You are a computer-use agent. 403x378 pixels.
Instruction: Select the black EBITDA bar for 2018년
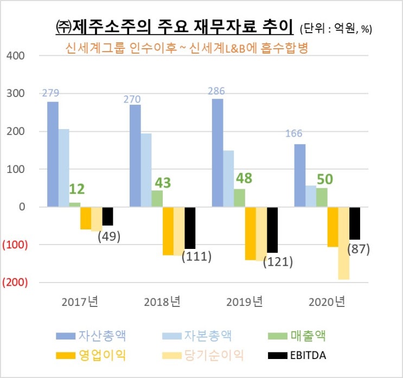(x=190, y=228)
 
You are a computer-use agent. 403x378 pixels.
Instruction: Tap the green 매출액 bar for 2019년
(x=239, y=198)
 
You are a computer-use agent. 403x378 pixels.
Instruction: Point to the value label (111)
(x=196, y=256)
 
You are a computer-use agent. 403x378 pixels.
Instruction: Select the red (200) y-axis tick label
(x=15, y=283)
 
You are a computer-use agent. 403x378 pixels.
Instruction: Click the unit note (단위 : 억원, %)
(x=335, y=28)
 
